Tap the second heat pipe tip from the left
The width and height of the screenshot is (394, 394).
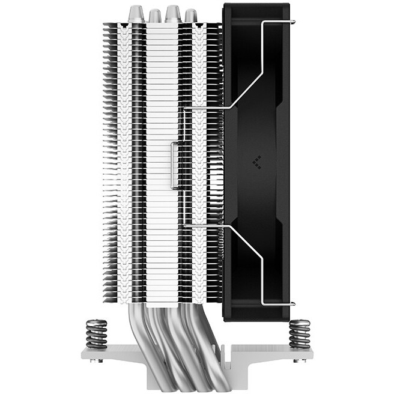pos(155,15)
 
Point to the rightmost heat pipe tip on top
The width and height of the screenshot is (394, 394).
pos(191,15)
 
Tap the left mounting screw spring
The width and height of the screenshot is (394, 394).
pos(96,333)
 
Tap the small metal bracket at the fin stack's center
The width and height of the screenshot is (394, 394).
pos(174,165)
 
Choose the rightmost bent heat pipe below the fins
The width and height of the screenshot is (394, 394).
pos(201,336)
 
